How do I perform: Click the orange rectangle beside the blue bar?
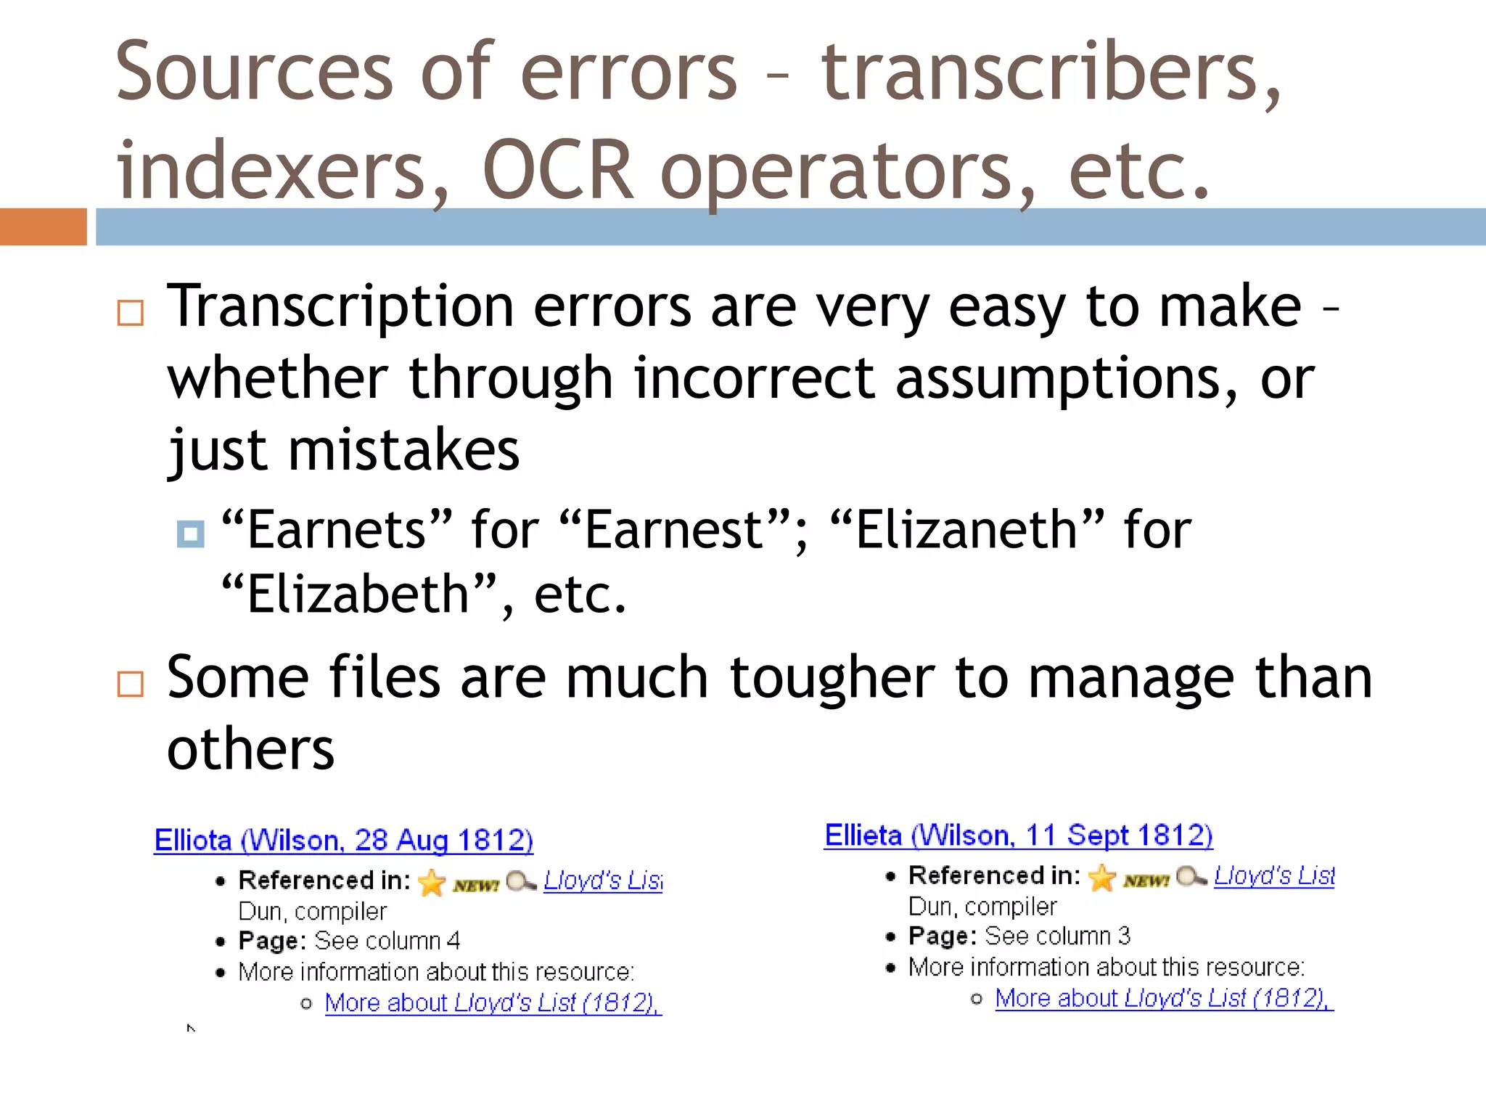coord(43,226)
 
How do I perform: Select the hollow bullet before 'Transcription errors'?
coord(131,313)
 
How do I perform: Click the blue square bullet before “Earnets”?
coord(191,534)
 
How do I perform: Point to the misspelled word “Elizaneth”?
coord(967,530)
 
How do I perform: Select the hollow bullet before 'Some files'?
coord(131,684)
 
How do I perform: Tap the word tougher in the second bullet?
coord(832,678)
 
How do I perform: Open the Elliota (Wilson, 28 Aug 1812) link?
coord(343,841)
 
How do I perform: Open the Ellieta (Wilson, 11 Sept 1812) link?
coord(1018,836)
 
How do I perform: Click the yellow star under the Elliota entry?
coord(432,882)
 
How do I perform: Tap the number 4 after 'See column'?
coord(453,941)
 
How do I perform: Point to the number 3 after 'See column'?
coord(1124,936)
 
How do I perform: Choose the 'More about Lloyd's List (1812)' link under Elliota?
coord(492,1003)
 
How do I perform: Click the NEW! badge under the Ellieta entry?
coord(1146,881)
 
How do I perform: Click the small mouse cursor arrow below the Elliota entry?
coord(191,1028)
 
